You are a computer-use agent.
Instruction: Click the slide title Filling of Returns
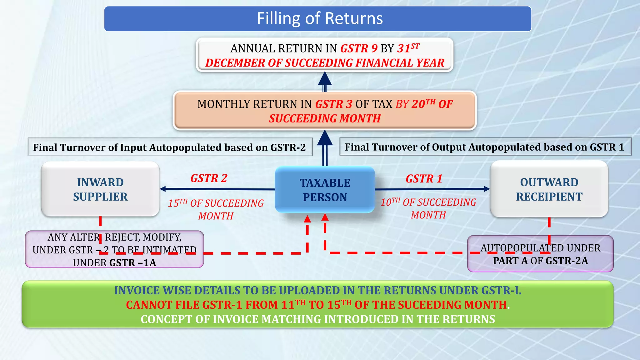320,18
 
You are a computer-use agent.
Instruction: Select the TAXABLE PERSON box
325,190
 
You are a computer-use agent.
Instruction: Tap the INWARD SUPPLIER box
100,189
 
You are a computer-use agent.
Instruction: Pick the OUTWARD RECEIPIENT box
549,189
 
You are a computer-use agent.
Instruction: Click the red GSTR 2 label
209,178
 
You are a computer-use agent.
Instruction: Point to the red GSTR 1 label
424,179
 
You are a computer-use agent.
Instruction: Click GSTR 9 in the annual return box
359,49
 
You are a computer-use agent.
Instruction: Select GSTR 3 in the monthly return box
334,104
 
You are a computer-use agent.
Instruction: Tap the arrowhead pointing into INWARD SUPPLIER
163,189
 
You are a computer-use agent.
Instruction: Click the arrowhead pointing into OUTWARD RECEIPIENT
487,189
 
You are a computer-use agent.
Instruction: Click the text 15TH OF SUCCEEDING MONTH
216,209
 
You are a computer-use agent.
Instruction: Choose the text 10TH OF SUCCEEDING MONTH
428,208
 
